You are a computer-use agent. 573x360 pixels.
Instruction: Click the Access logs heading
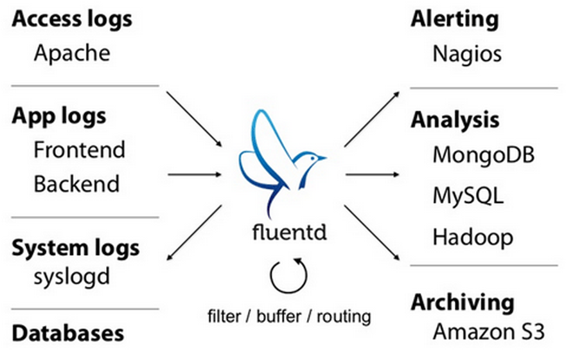click(x=72, y=19)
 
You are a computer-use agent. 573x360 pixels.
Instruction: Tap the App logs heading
click(x=59, y=116)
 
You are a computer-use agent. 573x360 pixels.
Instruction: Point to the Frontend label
click(x=79, y=150)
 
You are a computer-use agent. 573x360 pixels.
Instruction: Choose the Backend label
click(x=76, y=184)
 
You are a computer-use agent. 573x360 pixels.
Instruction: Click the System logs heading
click(x=75, y=248)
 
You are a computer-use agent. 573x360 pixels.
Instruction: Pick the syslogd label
click(x=71, y=276)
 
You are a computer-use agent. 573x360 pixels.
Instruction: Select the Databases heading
click(x=67, y=333)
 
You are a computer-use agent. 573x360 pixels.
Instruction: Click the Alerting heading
click(x=454, y=19)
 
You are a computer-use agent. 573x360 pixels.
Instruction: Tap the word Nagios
click(x=467, y=53)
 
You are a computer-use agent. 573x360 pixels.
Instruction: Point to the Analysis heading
click(x=455, y=120)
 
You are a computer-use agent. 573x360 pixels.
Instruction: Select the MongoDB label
click(x=484, y=155)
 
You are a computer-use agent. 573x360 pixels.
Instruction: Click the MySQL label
click(x=468, y=195)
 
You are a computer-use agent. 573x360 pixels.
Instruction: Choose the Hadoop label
click(x=473, y=237)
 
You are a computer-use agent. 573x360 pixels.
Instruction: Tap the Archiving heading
click(x=463, y=302)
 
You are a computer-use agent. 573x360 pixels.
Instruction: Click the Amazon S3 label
click(x=488, y=332)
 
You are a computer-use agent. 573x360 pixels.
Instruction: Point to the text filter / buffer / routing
click(x=289, y=316)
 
